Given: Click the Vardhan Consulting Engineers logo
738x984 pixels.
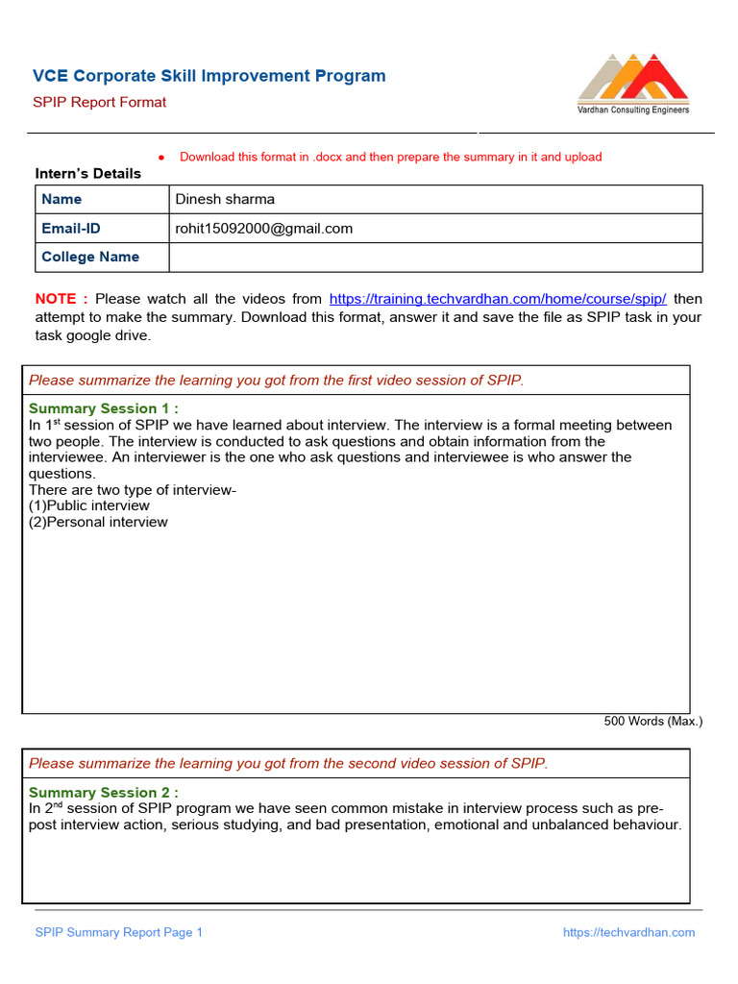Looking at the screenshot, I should click(632, 84).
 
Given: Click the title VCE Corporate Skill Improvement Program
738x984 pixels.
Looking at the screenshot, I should click(209, 76).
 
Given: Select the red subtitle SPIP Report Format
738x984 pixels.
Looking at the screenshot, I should click(100, 103).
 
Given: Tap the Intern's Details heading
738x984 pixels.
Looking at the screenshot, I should click(88, 174).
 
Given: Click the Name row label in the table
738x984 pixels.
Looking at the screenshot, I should click(61, 200).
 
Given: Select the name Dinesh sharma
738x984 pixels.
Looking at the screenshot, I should click(225, 200).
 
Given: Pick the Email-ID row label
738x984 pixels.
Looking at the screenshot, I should click(70, 229).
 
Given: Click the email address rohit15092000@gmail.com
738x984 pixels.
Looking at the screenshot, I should click(263, 229).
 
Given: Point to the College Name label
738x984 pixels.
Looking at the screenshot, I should click(90, 258).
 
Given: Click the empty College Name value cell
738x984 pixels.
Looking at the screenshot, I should click(435, 258).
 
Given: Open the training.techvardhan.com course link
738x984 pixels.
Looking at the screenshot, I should click(498, 299).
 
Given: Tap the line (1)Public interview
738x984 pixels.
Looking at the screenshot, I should click(89, 506).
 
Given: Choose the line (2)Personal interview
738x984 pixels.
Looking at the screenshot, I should click(98, 523).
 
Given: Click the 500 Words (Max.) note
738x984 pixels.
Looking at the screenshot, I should click(652, 721).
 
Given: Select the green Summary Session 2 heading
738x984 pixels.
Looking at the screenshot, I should click(104, 793).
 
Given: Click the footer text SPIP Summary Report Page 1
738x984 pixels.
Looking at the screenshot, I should click(119, 932).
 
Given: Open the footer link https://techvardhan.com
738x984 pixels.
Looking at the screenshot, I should click(628, 932).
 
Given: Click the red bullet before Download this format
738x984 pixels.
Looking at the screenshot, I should click(161, 158).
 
